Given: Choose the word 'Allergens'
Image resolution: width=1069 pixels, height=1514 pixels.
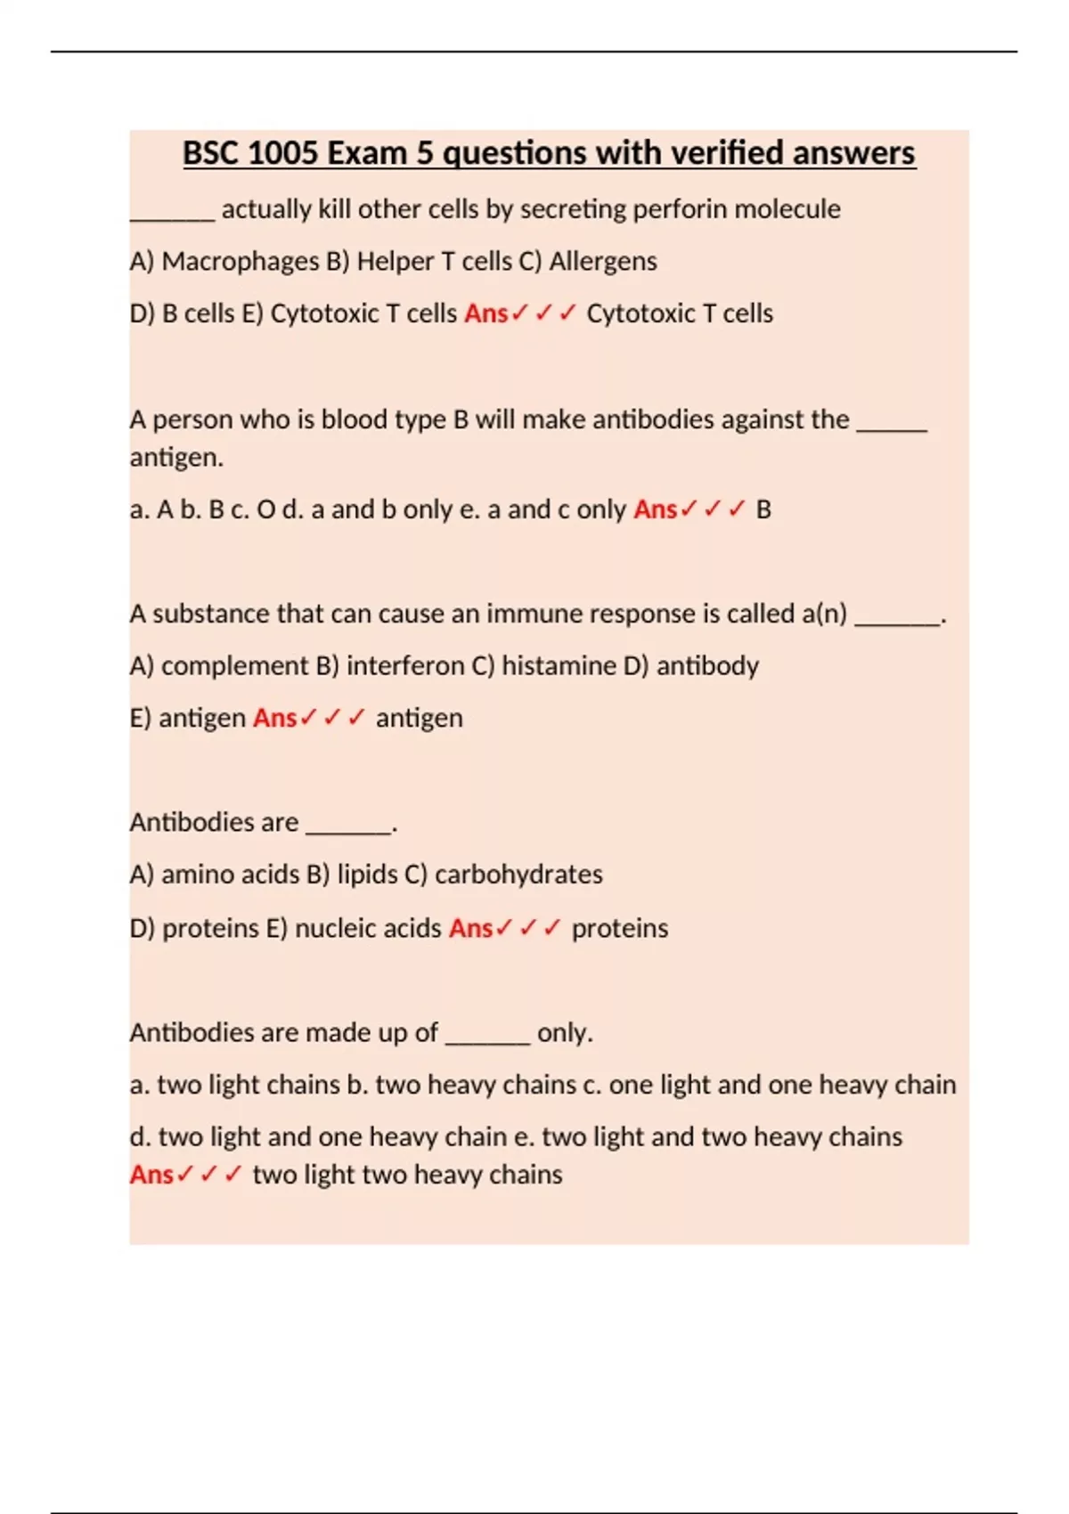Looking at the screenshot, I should click(603, 261).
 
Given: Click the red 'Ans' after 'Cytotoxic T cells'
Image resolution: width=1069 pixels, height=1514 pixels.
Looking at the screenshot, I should click(486, 313).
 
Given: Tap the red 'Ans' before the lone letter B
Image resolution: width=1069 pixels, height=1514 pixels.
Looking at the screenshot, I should click(655, 509).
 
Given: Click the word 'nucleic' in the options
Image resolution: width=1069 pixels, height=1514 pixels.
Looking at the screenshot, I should click(334, 928).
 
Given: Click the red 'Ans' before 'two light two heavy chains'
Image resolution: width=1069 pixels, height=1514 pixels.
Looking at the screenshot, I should click(151, 1175).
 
